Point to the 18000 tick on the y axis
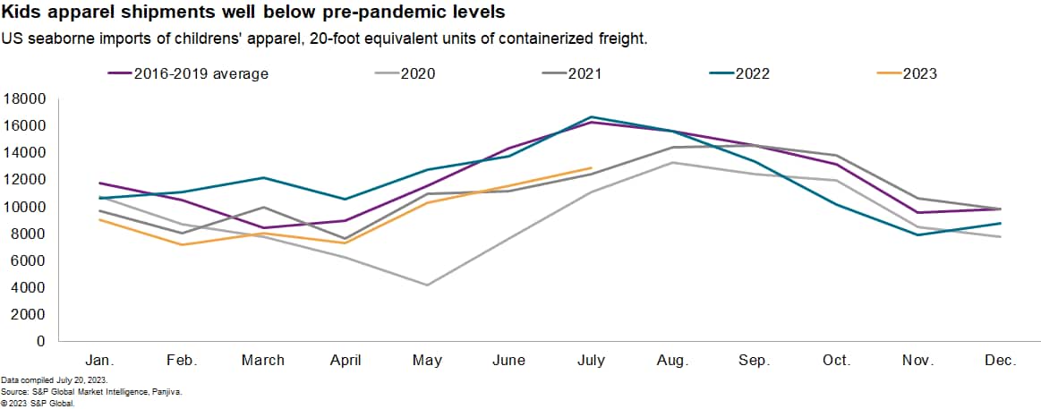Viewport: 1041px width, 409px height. [x=26, y=98]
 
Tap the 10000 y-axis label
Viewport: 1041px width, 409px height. [x=26, y=207]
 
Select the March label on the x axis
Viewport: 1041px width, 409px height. [x=263, y=361]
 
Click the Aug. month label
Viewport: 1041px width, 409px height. [x=672, y=361]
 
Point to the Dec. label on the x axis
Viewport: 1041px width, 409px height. [x=1000, y=361]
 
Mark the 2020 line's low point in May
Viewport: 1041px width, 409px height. [x=427, y=285]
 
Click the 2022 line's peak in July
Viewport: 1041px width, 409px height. [x=591, y=117]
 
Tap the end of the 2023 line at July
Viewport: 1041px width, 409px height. [x=591, y=168]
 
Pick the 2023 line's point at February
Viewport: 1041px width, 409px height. [x=182, y=244]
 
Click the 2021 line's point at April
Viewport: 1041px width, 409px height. [x=346, y=239]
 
